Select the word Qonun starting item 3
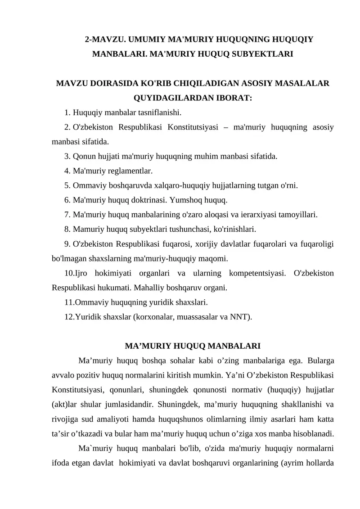tap(82, 157)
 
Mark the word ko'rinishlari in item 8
tap(230, 230)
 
